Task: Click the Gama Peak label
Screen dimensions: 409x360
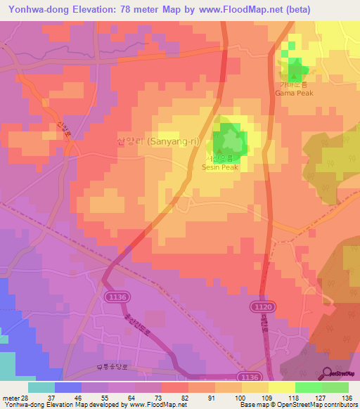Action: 294,92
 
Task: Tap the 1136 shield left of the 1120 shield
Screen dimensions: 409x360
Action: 117,298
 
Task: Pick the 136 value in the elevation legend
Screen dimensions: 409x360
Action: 346,398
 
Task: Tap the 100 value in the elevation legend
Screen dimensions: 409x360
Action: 240,398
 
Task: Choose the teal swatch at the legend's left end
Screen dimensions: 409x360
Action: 41,387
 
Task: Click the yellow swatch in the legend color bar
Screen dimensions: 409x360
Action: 281,387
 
